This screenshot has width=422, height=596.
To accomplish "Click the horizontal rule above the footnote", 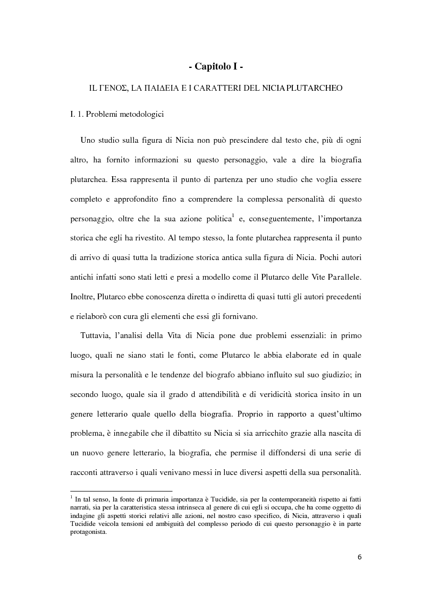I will (x=121, y=491).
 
